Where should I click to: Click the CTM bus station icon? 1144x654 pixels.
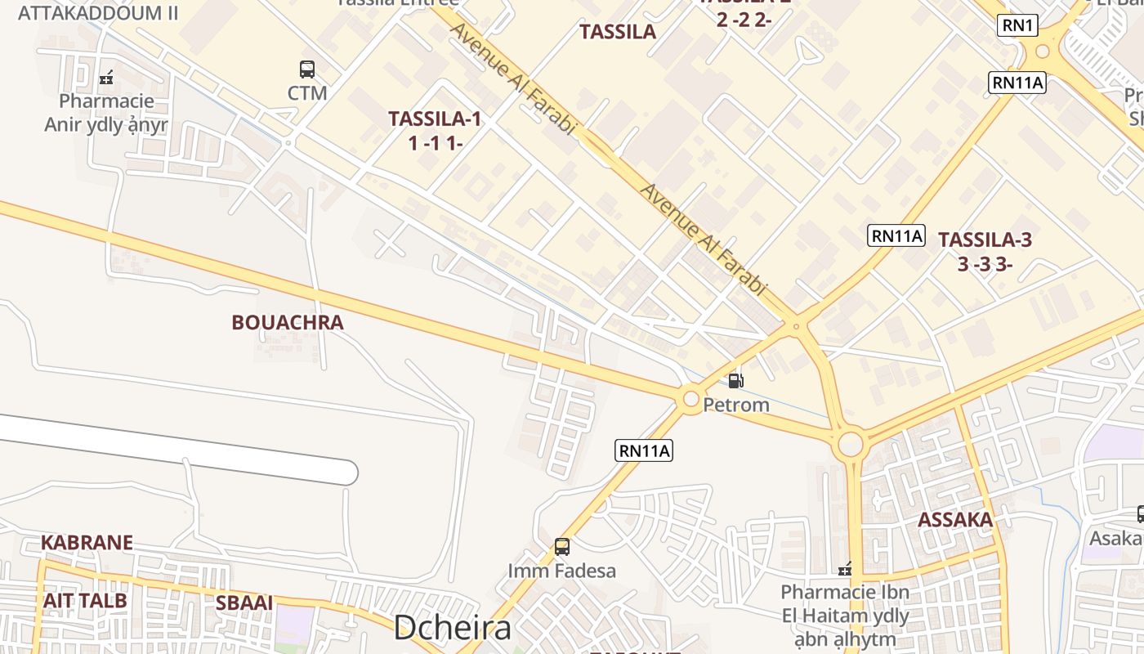tap(307, 69)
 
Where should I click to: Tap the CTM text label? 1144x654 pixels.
tap(307, 93)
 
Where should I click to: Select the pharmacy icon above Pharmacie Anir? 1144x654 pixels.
tap(105, 78)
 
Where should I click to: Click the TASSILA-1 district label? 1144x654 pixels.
tap(435, 119)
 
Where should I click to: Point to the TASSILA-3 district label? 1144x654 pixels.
tap(985, 240)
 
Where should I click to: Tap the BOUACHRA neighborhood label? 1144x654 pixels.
tap(288, 323)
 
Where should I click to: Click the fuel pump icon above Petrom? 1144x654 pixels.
tap(736, 380)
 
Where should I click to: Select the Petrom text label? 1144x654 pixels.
tap(736, 405)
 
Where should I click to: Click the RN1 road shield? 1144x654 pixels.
tap(1017, 26)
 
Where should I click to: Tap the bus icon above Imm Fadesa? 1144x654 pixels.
tap(562, 546)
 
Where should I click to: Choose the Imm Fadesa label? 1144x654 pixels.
tap(562, 571)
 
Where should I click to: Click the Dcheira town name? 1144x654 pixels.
tap(453, 628)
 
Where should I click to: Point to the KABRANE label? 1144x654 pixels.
tap(87, 543)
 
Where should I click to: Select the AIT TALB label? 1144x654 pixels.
tap(85, 601)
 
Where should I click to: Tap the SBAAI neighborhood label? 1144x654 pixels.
tap(244, 603)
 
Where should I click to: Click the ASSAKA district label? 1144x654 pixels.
tap(955, 520)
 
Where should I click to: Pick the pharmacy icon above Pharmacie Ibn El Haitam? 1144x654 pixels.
tap(845, 568)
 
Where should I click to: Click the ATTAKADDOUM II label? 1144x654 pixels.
tap(97, 13)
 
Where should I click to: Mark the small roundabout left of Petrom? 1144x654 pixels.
tap(691, 399)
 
